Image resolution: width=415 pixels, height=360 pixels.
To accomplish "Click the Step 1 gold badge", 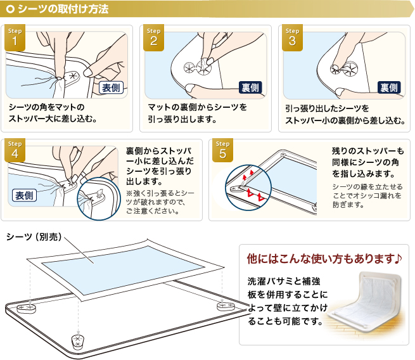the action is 15,37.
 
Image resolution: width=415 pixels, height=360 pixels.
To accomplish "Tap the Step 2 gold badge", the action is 153,37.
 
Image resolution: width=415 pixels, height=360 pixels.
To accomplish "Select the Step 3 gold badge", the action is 292,37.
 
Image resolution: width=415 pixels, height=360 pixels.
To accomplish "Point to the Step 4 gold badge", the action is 15,150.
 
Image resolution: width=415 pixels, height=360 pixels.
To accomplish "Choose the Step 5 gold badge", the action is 222,150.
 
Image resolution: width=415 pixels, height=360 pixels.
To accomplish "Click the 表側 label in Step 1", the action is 111,88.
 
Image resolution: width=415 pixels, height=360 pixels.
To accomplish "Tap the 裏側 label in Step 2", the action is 250,88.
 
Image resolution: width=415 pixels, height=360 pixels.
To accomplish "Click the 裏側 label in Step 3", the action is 389,88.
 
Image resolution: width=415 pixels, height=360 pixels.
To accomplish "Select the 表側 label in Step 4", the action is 24,196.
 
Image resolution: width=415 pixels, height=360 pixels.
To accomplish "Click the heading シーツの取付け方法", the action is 63,9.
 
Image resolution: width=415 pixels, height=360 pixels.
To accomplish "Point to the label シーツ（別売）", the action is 34,237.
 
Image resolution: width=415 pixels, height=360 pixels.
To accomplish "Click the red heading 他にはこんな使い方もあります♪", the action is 324,259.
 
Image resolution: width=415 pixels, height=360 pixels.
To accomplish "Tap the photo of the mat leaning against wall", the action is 365,304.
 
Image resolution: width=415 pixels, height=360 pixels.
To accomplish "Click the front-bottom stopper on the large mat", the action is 78,342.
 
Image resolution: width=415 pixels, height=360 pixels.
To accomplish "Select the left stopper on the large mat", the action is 26,309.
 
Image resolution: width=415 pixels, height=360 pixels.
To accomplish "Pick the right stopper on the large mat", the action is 226,306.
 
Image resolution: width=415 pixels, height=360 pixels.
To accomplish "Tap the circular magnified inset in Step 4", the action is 99,199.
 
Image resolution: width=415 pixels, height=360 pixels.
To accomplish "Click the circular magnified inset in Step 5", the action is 248,188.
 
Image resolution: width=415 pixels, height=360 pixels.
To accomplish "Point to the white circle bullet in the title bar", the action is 10,10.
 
